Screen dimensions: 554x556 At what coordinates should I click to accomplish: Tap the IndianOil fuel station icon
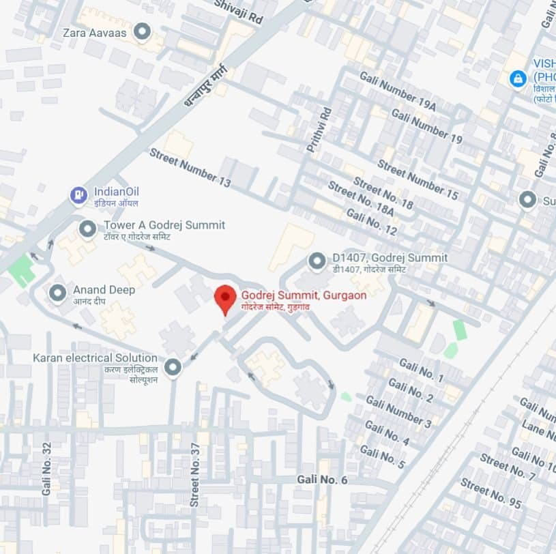pyautogui.click(x=79, y=196)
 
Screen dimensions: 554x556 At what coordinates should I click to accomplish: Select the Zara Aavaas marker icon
pyautogui.click(x=142, y=31)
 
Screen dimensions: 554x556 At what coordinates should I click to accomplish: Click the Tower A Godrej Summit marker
pyautogui.click(x=87, y=229)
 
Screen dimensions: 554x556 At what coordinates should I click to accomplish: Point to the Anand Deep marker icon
pyautogui.click(x=58, y=293)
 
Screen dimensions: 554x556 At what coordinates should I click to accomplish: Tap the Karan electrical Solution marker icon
pyautogui.click(x=173, y=367)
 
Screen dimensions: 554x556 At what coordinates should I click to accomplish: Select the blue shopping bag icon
pyautogui.click(x=518, y=78)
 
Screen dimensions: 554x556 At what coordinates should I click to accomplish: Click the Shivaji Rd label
pyautogui.click(x=238, y=13)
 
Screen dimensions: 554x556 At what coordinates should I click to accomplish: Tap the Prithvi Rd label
pyautogui.click(x=319, y=129)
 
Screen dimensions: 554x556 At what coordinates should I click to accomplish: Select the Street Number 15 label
pyautogui.click(x=418, y=180)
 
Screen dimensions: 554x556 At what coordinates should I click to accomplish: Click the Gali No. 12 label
pyautogui.click(x=371, y=222)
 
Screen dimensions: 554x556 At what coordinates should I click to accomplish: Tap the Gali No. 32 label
pyautogui.click(x=46, y=468)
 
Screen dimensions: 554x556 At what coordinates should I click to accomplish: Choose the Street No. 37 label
pyautogui.click(x=195, y=473)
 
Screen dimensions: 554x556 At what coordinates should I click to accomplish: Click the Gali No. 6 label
pyautogui.click(x=322, y=480)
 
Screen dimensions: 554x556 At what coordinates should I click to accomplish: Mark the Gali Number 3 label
pyautogui.click(x=398, y=412)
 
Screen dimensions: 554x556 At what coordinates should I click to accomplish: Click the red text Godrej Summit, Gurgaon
pyautogui.click(x=304, y=295)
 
